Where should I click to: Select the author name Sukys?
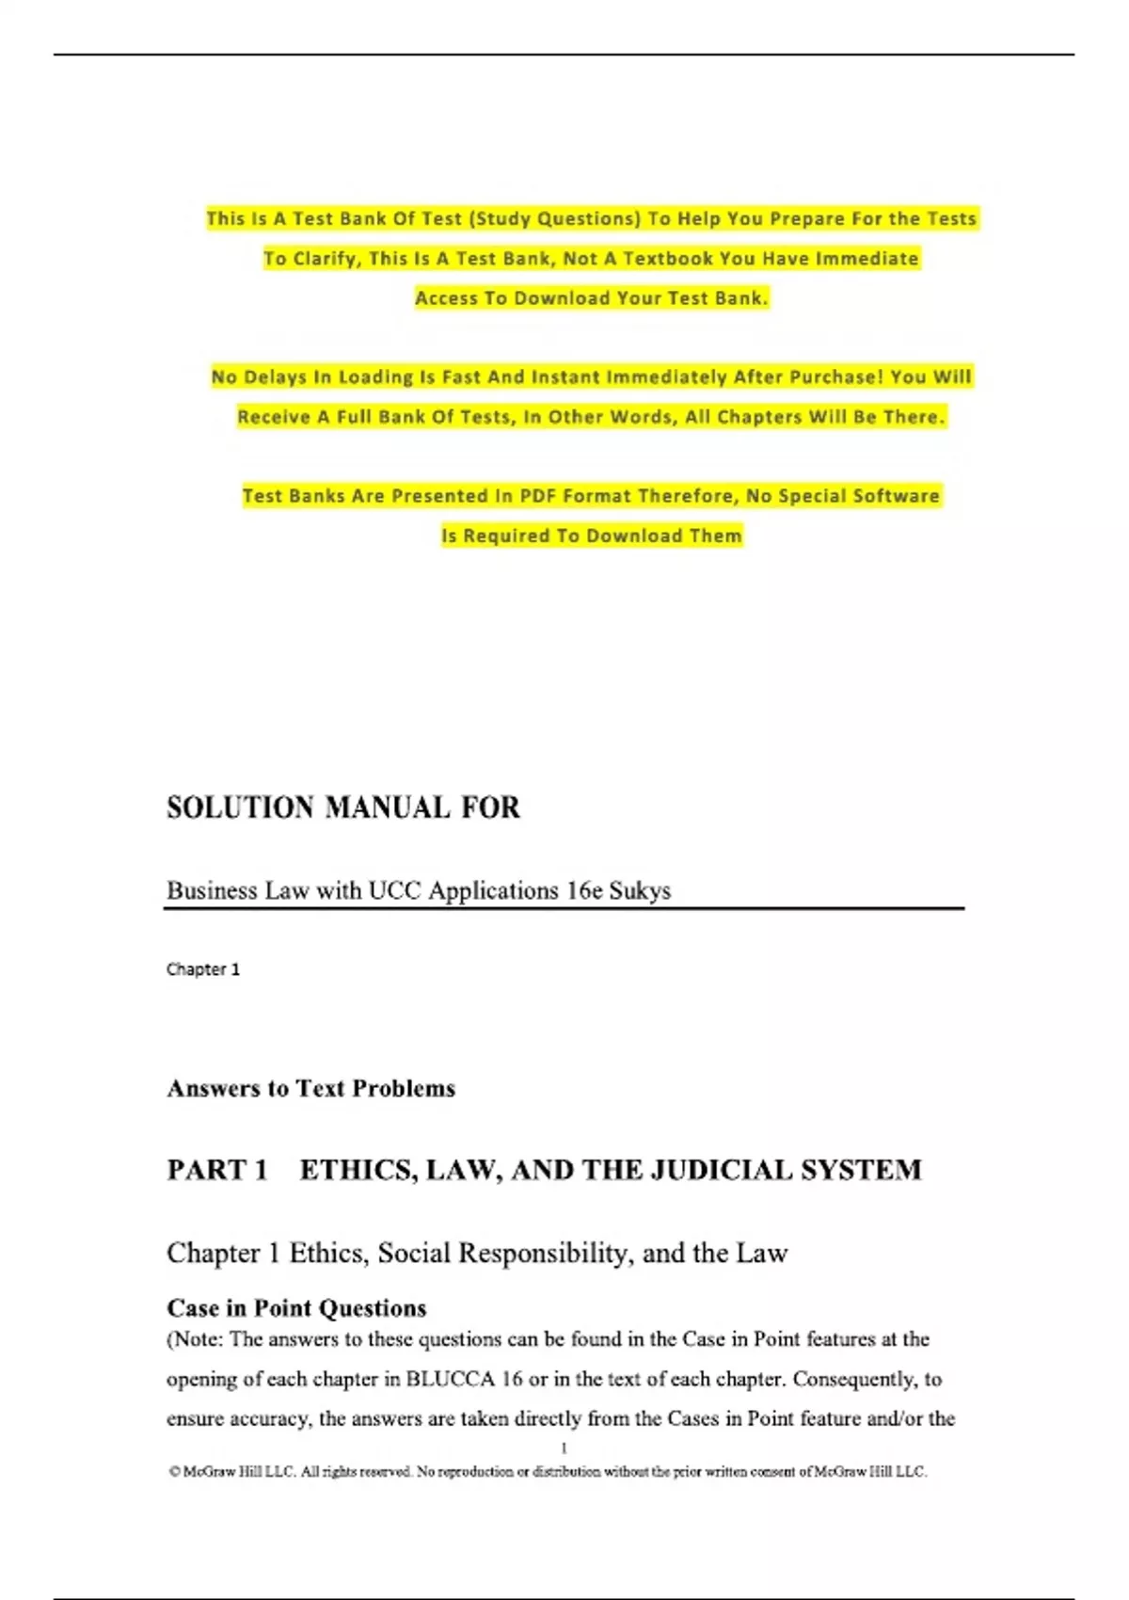[640, 890]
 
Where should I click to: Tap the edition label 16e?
[584, 890]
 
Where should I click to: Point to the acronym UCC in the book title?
[394, 890]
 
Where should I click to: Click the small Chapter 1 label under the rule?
[203, 969]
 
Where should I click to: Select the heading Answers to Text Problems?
[310, 1088]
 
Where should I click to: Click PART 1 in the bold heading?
[217, 1170]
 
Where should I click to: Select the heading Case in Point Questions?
[296, 1308]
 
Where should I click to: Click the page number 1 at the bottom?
[564, 1448]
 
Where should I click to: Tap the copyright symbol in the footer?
[174, 1472]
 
